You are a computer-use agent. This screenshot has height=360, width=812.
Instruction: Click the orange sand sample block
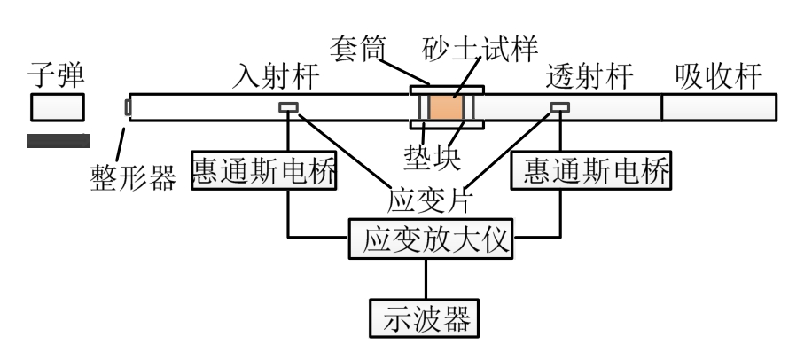(445, 108)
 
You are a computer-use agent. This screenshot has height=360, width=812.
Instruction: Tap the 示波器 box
(425, 317)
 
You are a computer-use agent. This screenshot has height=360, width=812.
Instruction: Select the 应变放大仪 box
(430, 239)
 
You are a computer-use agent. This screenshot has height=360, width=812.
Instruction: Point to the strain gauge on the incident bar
(288, 108)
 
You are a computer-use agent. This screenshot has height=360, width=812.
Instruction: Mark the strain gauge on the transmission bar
(559, 108)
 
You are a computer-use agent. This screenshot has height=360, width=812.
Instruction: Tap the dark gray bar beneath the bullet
(58, 139)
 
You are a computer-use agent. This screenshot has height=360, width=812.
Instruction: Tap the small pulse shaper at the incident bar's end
(127, 108)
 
